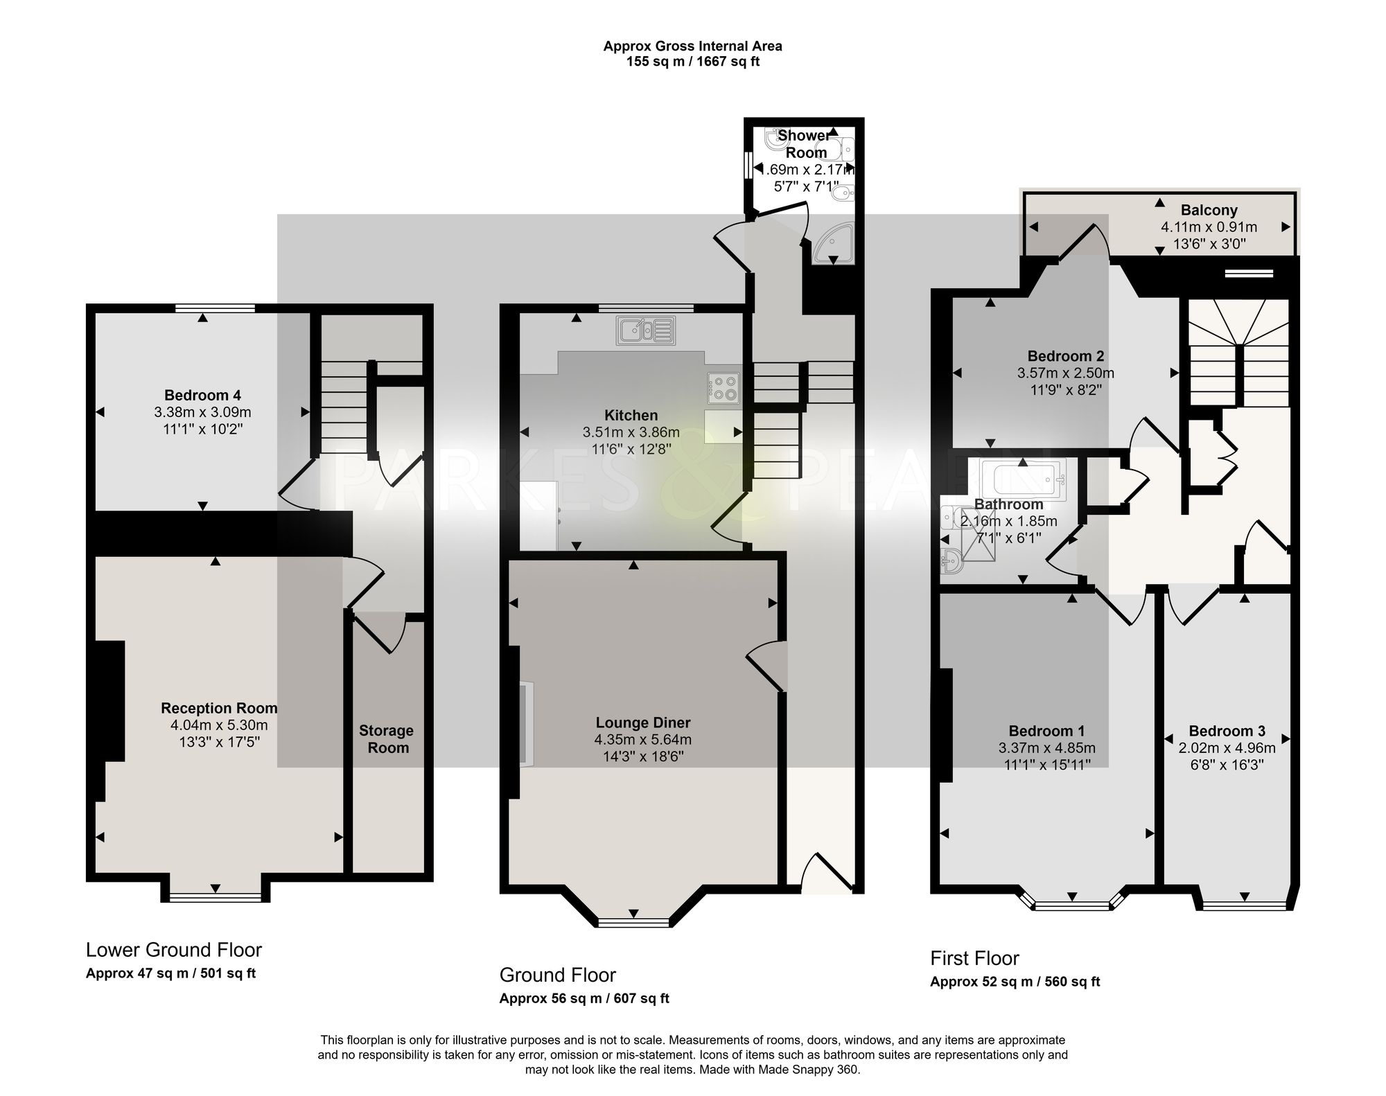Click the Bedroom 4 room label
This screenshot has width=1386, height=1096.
(x=202, y=396)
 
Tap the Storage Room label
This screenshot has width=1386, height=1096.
(x=387, y=739)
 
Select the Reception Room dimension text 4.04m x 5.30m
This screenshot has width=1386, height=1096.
(x=219, y=725)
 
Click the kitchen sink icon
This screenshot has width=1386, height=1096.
(x=645, y=330)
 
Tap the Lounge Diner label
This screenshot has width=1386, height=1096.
(x=643, y=723)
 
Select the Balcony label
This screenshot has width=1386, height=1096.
(x=1209, y=210)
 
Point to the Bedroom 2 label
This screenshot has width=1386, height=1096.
(x=1066, y=356)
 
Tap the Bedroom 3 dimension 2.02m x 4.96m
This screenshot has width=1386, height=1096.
(x=1227, y=748)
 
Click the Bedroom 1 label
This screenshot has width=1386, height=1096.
(x=1046, y=731)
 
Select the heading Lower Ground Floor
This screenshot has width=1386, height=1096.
(x=174, y=950)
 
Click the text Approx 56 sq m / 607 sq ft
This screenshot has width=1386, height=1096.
(x=584, y=998)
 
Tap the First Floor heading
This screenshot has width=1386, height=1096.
(x=974, y=959)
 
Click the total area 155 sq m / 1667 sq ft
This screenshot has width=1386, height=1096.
(x=693, y=62)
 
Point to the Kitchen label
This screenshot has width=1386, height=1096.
(x=631, y=415)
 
